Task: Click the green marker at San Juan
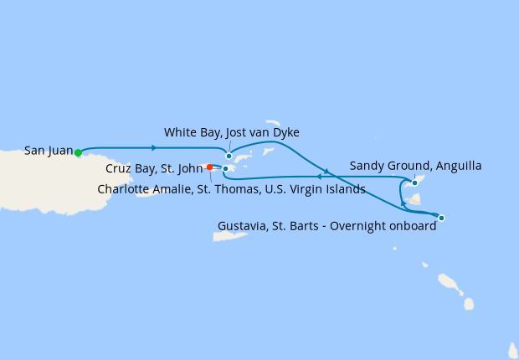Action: (78, 152)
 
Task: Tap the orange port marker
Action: (209, 167)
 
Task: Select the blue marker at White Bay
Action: (229, 156)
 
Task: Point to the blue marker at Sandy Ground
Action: (414, 182)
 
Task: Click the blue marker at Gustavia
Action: (441, 218)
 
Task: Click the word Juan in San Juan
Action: (60, 151)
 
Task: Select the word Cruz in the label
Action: (120, 168)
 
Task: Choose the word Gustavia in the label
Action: (244, 226)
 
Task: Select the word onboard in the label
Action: (414, 226)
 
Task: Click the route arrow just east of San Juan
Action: (155, 147)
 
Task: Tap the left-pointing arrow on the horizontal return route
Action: (319, 177)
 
